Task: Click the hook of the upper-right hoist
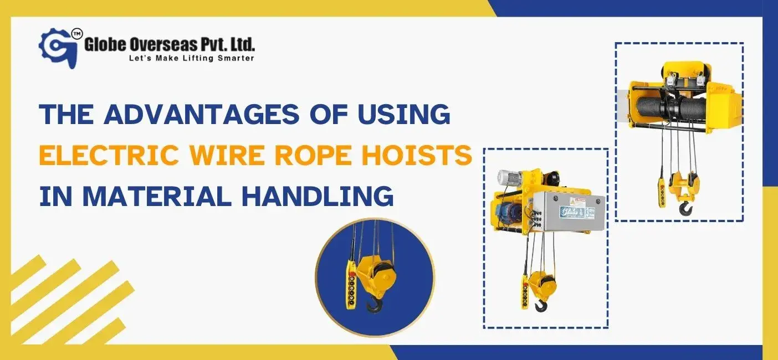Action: pyautogui.click(x=685, y=208)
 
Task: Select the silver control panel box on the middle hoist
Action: pyautogui.click(x=560, y=214)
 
